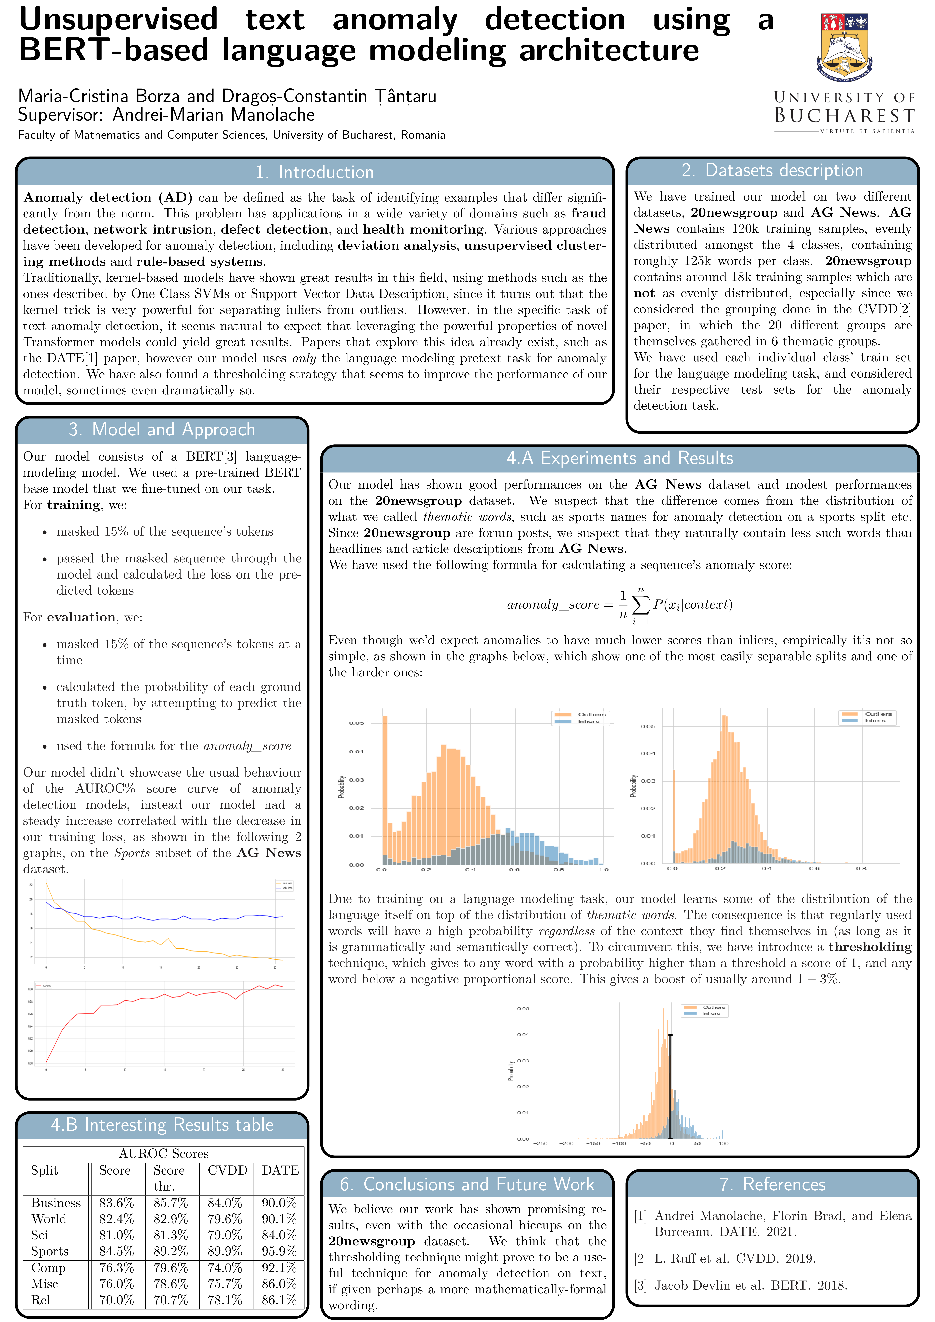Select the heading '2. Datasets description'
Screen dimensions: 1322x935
[x=772, y=170]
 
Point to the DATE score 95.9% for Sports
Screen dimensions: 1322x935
[x=279, y=1251]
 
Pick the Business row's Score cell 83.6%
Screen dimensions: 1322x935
[x=116, y=1203]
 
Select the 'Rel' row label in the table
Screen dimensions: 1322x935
[x=41, y=1299]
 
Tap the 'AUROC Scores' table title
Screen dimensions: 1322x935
[x=164, y=1153]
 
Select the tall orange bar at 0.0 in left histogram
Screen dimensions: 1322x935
[x=385, y=789]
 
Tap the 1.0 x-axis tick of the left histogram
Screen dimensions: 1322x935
[x=603, y=869]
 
